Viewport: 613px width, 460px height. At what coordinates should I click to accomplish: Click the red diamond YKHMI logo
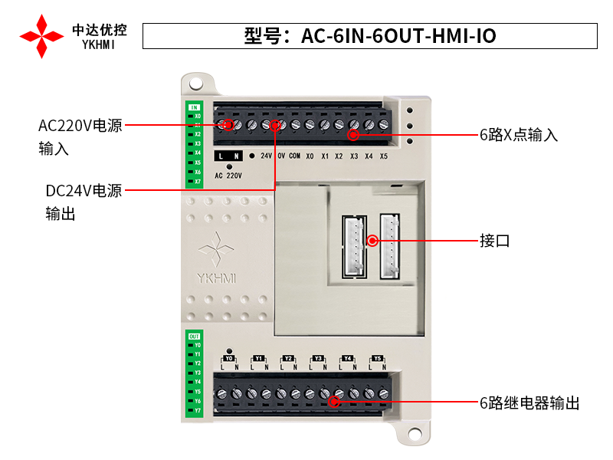tap(41, 36)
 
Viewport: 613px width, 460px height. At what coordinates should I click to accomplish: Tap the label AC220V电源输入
tap(80, 136)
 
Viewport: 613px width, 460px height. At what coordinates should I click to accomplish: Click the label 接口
tap(494, 241)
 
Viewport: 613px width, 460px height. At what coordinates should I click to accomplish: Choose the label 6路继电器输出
tap(529, 402)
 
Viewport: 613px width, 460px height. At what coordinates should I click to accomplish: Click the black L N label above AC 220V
tap(228, 156)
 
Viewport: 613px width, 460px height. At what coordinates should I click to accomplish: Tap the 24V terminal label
tap(266, 156)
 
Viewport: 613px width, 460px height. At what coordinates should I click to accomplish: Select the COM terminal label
tap(294, 156)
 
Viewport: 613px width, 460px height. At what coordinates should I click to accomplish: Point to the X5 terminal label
tap(383, 156)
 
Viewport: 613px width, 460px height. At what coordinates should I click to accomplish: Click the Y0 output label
tap(228, 358)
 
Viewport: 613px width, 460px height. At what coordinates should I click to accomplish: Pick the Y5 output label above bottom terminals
tap(376, 358)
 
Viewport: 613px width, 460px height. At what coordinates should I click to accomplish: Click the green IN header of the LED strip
tap(194, 107)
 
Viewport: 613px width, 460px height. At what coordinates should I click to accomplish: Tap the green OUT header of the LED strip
tap(194, 336)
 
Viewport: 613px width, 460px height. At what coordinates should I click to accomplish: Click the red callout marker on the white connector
tap(373, 240)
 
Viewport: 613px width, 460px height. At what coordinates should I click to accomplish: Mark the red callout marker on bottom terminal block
tap(334, 402)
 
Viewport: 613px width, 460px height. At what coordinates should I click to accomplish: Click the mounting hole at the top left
tap(196, 82)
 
